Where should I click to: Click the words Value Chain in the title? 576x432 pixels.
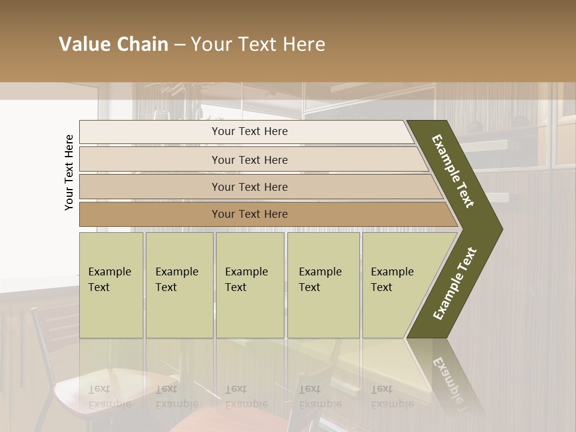pyautogui.click(x=113, y=44)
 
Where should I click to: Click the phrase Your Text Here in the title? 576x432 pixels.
pyautogui.click(x=258, y=44)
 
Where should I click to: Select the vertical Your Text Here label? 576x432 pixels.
pyautogui.click(x=69, y=172)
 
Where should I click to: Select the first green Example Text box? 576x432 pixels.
pyautogui.click(x=111, y=285)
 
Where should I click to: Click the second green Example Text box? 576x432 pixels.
pyautogui.click(x=179, y=285)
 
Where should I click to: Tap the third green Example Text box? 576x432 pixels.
pyautogui.click(x=250, y=285)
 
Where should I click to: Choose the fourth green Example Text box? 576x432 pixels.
pyautogui.click(x=323, y=285)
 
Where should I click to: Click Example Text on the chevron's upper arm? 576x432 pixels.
pyautogui.click(x=453, y=171)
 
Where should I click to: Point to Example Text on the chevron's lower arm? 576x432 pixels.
pyautogui.click(x=454, y=283)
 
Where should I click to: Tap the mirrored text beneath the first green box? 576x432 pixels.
pyautogui.click(x=110, y=396)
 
